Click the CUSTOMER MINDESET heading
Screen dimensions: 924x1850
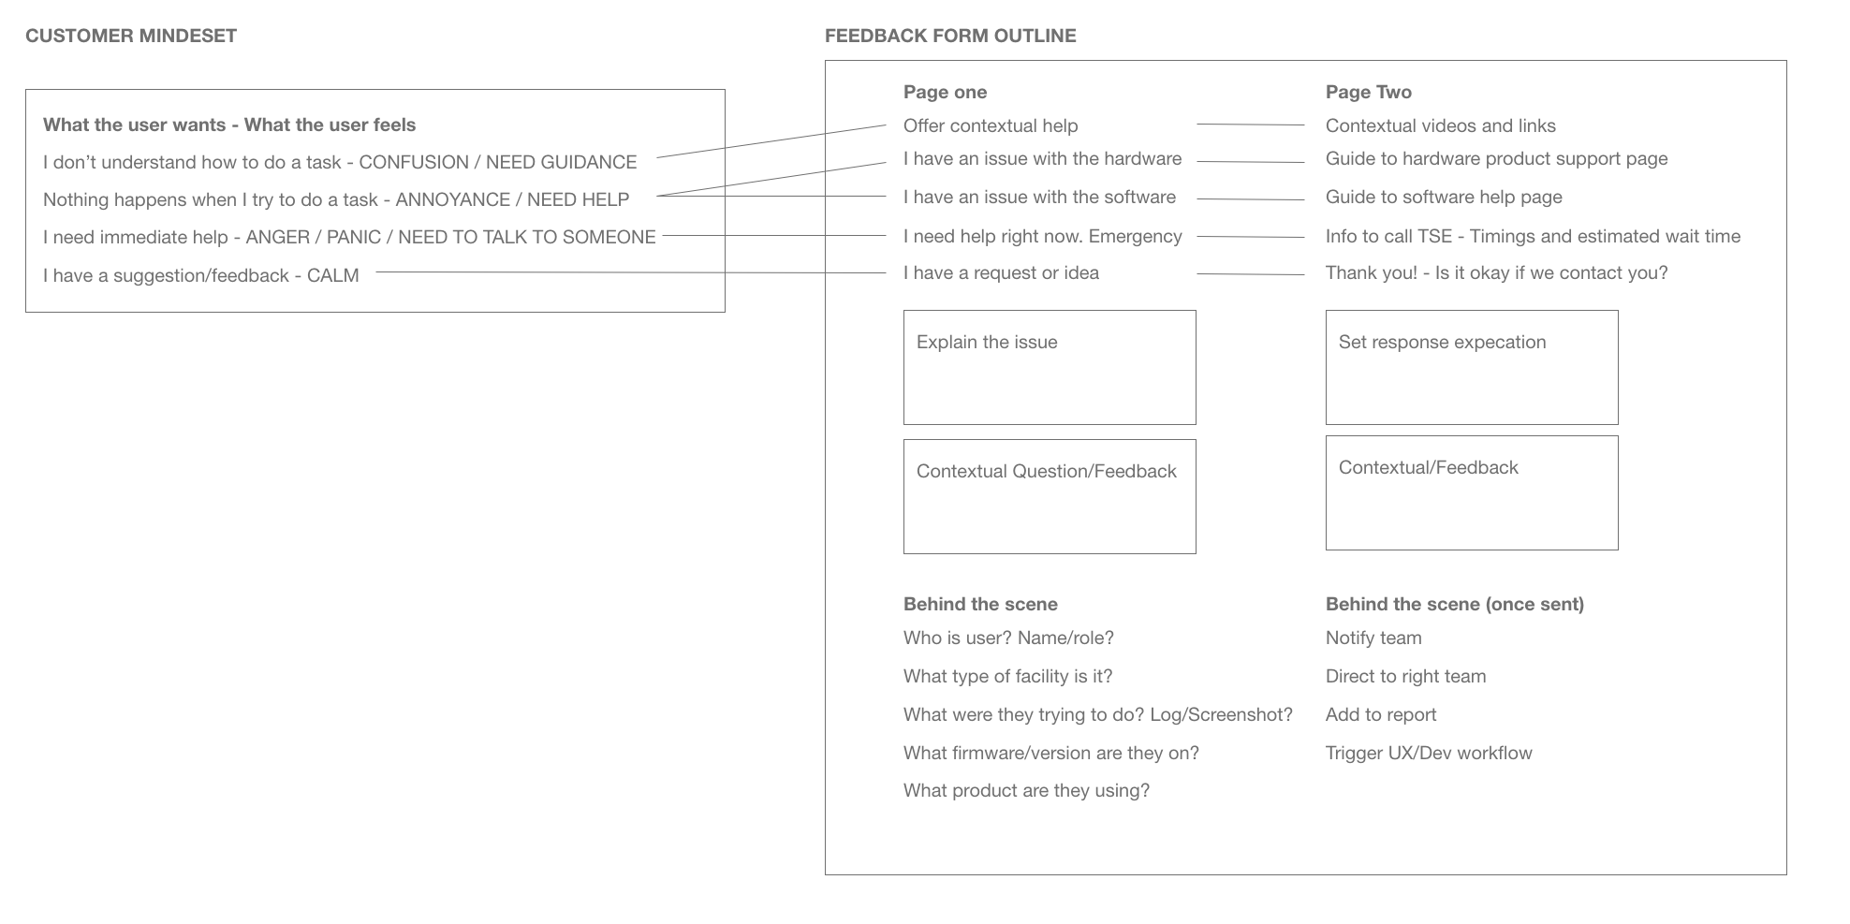point(131,36)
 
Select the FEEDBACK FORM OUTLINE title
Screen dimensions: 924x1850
point(950,36)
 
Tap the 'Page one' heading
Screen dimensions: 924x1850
point(945,92)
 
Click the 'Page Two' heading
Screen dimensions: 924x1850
point(1368,92)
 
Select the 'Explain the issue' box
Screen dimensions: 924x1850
point(1049,367)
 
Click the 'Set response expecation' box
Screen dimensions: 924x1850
point(1471,367)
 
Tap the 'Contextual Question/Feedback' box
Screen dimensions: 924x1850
point(1049,496)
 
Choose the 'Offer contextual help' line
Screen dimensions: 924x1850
point(990,125)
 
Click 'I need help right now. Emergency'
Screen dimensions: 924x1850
point(1042,236)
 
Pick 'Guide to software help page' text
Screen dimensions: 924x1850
point(1443,197)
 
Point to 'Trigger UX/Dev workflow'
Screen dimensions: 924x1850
point(1428,753)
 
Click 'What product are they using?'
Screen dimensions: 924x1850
point(1025,790)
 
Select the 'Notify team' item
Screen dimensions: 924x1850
point(1373,638)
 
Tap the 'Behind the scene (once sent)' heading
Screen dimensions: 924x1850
point(1454,604)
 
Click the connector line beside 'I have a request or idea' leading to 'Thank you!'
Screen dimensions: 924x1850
point(1250,274)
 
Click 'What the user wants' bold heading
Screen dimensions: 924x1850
point(134,125)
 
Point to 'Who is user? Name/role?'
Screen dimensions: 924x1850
point(1007,638)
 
